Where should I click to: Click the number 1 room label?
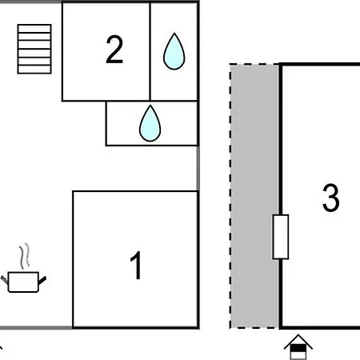click(136, 266)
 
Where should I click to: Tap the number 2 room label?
click(114, 50)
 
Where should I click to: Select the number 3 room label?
click(331, 198)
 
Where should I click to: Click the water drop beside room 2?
click(174, 51)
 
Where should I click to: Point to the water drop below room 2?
click(150, 123)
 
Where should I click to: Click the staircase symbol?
click(34, 49)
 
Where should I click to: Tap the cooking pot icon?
click(23, 282)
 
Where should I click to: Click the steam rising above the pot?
click(24, 256)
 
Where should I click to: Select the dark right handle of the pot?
click(42, 281)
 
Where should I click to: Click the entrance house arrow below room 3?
click(298, 346)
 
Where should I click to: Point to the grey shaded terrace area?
click(254, 196)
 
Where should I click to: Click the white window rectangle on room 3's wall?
click(281, 237)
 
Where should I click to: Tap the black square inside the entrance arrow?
click(298, 348)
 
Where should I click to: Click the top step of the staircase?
click(34, 29)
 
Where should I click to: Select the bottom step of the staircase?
click(34, 70)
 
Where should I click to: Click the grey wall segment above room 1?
click(198, 168)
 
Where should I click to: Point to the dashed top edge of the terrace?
click(254, 64)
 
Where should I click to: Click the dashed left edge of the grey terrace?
click(230, 196)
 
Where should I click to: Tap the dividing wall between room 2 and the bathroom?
click(150, 51)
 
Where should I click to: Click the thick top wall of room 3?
click(319, 64)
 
